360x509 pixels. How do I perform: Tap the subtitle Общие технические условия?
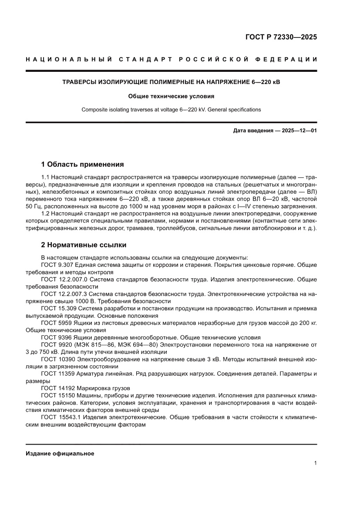(171, 96)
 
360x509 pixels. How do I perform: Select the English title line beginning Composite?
(171, 110)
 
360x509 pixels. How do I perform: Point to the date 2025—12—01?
(297, 130)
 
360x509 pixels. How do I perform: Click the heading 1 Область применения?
(82, 164)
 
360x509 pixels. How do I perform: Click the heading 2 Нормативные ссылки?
(84, 245)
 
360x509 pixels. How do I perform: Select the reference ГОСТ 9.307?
(57, 265)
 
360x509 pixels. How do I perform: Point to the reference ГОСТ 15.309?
(59, 308)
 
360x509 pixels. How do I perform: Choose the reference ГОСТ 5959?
(55, 323)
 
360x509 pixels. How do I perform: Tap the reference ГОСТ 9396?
(55, 337)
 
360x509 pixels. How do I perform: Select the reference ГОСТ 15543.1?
(61, 417)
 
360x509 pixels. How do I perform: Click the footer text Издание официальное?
(60, 453)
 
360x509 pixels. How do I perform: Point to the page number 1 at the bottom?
(315, 463)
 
